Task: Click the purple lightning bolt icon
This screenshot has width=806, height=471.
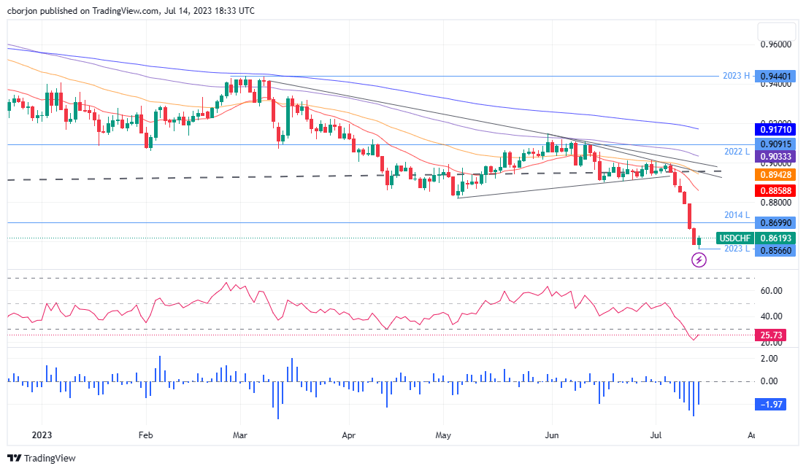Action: point(699,260)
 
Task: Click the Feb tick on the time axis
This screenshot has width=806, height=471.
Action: point(145,435)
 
